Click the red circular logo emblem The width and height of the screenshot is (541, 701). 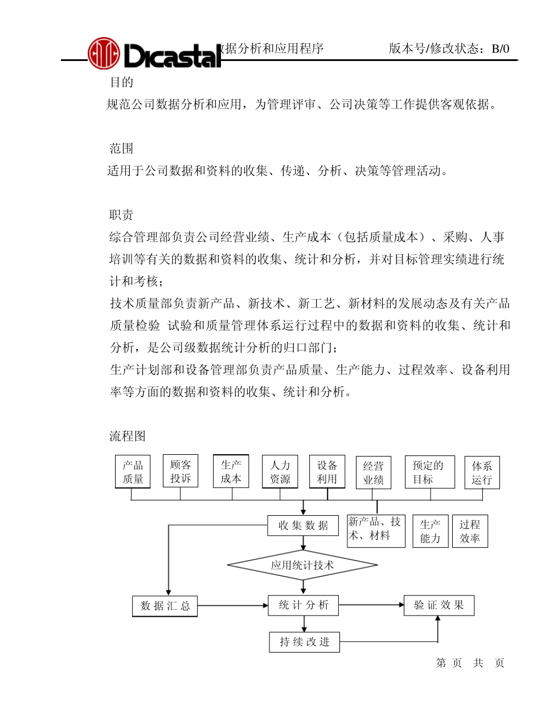click(104, 53)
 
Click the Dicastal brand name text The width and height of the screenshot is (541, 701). click(171, 56)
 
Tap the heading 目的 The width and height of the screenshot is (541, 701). click(121, 83)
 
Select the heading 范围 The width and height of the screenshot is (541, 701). click(121, 149)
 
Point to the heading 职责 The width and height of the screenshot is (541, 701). click(121, 215)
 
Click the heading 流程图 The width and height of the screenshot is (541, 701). click(128, 437)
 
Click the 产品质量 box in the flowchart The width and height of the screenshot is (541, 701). click(133, 472)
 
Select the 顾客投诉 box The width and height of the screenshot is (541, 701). click(181, 471)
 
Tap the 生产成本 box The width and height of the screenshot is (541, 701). click(231, 471)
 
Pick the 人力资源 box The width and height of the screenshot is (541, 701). click(280, 472)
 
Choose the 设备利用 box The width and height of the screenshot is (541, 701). click(327, 472)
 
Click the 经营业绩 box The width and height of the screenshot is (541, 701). click(374, 473)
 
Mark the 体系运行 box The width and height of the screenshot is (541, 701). click(482, 472)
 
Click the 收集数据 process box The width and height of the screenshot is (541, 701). click(303, 525)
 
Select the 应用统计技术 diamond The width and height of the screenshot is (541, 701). click(302, 566)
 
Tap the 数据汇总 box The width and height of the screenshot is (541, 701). click(165, 606)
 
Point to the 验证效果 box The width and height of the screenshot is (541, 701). click(438, 605)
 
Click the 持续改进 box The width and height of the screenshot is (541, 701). click(304, 642)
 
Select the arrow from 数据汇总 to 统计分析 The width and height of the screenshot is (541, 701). click(232, 606)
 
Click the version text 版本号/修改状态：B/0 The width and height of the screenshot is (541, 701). click(449, 49)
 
